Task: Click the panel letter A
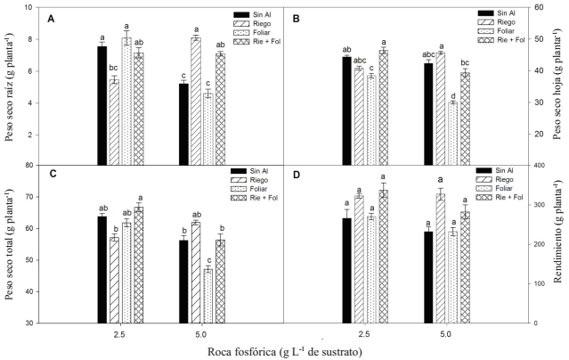50,18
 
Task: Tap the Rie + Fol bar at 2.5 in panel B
384,107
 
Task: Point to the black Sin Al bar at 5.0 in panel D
427,276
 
